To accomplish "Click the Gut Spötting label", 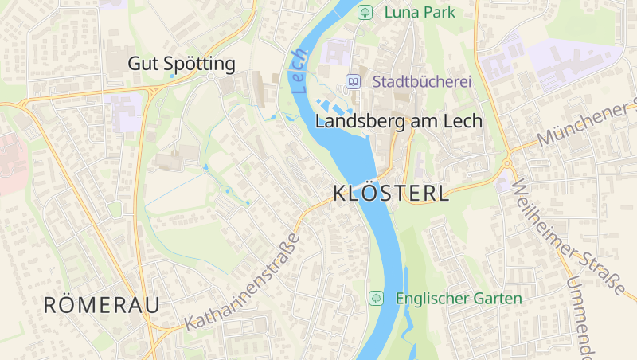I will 182,64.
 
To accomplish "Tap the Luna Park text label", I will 419,12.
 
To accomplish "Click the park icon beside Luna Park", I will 365,12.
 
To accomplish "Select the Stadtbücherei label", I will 422,81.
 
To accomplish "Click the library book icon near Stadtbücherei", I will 353,81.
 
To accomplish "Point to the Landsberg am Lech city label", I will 399,121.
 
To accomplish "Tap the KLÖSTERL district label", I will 390,194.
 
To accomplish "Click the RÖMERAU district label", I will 101,304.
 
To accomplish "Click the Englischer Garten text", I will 459,299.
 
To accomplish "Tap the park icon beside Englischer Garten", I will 376,298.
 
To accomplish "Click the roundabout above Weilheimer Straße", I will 506,164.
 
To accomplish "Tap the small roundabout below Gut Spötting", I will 210,77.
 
